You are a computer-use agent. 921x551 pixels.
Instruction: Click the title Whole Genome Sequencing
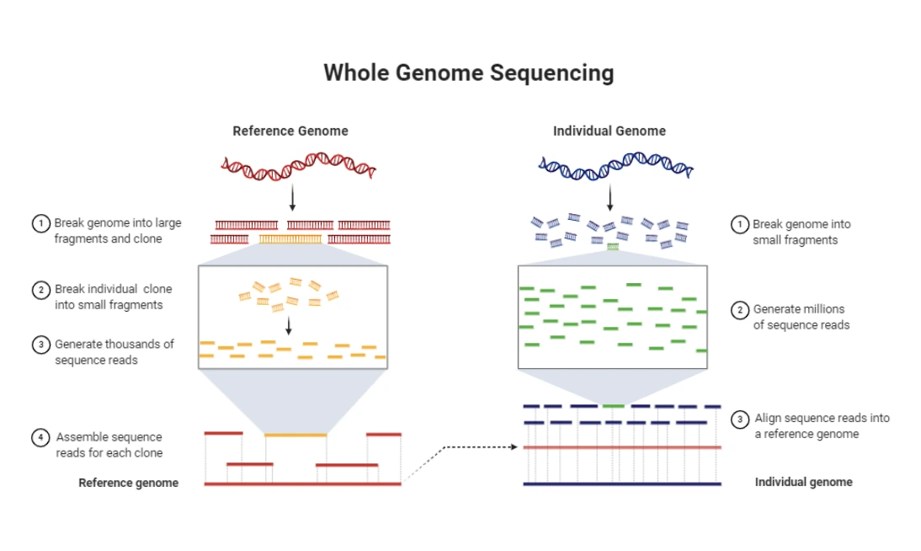coord(469,73)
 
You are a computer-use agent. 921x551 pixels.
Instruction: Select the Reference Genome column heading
coord(290,131)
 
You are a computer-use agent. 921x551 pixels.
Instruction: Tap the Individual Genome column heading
coord(610,131)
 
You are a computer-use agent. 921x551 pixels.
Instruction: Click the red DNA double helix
coord(298,166)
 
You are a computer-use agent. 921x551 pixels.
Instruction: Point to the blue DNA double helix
coord(615,166)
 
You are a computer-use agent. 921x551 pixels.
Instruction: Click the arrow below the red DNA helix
coord(292,198)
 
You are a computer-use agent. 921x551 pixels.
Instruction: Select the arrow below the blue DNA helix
coord(610,198)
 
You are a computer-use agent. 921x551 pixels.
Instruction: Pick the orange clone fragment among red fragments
coord(290,239)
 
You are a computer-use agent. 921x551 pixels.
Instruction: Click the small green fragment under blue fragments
coord(613,247)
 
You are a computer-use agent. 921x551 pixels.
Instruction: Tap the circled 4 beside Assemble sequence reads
coord(40,437)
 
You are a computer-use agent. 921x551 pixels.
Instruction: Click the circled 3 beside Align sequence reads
coord(739,420)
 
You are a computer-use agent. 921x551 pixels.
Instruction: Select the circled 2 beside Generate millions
coord(739,310)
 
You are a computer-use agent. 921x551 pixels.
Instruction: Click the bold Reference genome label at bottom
coord(129,483)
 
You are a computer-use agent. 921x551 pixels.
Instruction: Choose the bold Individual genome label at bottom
coord(803,482)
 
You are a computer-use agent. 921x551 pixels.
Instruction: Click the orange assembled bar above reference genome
coord(295,435)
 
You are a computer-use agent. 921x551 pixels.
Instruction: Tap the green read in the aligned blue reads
coord(613,406)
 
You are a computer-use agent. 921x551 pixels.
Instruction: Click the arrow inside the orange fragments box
coord(289,326)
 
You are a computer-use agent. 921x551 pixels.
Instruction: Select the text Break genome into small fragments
coord(801,233)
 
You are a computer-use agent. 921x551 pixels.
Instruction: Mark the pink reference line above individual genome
coord(622,447)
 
